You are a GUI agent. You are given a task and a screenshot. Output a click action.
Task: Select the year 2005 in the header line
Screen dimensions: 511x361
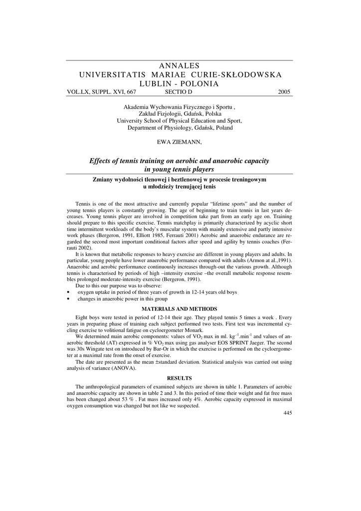click(284, 92)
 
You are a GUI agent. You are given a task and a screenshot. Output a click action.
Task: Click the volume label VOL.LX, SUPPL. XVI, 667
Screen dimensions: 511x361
click(101, 92)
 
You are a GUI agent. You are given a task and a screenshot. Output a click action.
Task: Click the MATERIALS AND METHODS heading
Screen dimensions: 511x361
click(180, 309)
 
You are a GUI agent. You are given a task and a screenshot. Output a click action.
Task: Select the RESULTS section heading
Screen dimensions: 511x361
click(180, 378)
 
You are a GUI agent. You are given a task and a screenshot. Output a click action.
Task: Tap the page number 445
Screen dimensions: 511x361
click(287, 413)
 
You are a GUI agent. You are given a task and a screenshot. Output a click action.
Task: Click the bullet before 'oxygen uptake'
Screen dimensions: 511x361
click(68, 292)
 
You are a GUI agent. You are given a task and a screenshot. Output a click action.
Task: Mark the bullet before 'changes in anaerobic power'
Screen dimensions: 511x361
click(68, 298)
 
